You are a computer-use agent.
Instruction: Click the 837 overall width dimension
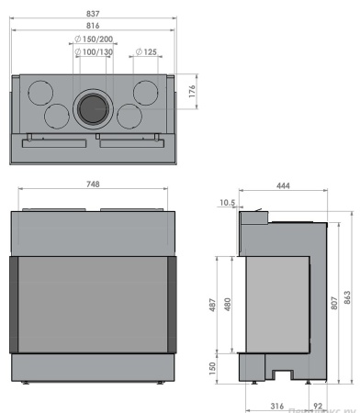(93, 13)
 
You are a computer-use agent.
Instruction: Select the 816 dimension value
(93, 28)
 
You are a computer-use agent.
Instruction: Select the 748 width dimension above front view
(93, 184)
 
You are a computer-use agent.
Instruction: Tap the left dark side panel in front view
(17, 304)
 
